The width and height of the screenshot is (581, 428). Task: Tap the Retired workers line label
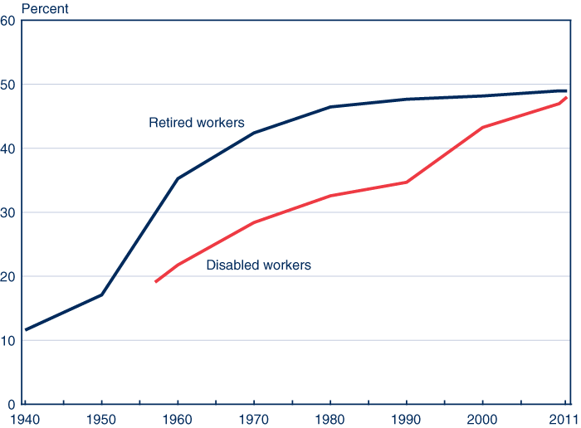tap(196, 123)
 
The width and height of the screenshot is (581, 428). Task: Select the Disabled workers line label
tap(258, 265)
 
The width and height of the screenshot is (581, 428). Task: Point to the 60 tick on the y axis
tap(8, 21)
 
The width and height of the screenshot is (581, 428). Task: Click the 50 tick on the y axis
tap(8, 85)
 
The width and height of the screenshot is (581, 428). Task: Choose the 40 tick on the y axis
tap(8, 148)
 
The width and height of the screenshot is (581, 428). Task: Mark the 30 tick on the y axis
tap(8, 212)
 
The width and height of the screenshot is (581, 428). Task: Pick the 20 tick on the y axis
tap(8, 276)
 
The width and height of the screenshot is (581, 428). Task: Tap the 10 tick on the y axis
tap(8, 340)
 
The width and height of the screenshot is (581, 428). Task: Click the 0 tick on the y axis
tap(12, 404)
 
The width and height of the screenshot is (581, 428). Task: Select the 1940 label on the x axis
tap(25, 417)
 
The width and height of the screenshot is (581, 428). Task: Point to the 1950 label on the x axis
tap(101, 417)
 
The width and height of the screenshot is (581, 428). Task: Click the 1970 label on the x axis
tap(254, 417)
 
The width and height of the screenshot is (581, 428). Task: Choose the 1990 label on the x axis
tap(407, 417)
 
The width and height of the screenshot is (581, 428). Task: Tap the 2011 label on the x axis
tap(564, 417)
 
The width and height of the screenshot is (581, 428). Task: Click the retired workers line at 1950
tap(101, 294)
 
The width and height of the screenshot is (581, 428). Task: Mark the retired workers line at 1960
tap(178, 178)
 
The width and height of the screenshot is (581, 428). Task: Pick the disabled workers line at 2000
tap(483, 127)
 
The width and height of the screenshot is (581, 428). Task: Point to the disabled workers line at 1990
tap(407, 182)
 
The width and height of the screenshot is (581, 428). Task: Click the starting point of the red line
tap(155, 282)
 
